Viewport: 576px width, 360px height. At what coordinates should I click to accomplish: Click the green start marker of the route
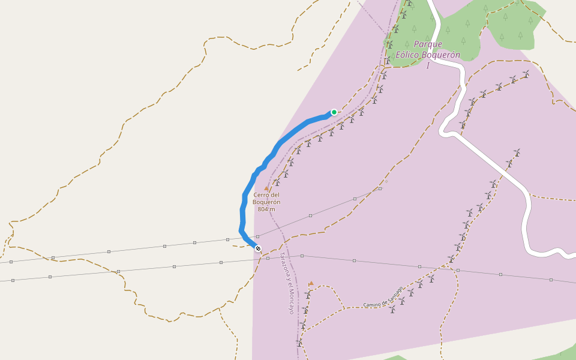tap(334, 112)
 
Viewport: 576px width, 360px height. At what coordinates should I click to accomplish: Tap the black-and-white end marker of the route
tap(258, 248)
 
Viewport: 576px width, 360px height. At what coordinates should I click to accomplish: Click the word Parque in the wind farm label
tap(428, 44)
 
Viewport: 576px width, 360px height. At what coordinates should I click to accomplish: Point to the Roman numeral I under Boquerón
tap(428, 66)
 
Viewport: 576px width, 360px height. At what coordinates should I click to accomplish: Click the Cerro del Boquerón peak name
tap(266, 198)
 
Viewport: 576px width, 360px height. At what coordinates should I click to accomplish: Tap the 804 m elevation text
tap(266, 209)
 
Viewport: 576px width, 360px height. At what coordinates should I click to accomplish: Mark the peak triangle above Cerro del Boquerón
tap(266, 188)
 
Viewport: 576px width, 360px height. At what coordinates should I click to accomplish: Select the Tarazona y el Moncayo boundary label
tap(287, 283)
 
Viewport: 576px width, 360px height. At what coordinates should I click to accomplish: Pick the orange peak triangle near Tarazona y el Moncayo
tap(311, 283)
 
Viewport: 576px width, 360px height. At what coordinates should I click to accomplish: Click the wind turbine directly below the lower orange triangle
tap(308, 294)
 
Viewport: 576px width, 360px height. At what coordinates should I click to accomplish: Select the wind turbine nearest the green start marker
tap(341, 125)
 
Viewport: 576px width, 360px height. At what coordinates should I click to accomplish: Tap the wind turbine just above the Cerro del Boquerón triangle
tap(277, 181)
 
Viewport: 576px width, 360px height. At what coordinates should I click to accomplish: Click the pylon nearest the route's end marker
tap(257, 237)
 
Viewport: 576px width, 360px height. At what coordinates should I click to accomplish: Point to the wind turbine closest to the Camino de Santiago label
tap(392, 309)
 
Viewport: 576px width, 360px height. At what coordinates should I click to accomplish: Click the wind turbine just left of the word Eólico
tap(388, 59)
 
